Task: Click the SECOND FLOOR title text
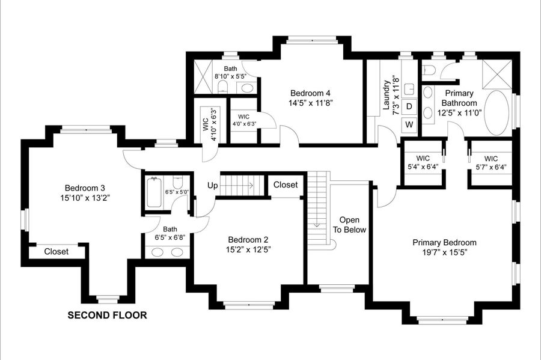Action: pyautogui.click(x=107, y=315)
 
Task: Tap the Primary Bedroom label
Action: pyautogui.click(x=444, y=242)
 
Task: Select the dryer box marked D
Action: pyautogui.click(x=409, y=106)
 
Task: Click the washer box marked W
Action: pyautogui.click(x=409, y=124)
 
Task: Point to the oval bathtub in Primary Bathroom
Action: pyautogui.click(x=497, y=113)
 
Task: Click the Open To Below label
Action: pyautogui.click(x=349, y=225)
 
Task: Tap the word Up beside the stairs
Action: pyautogui.click(x=213, y=186)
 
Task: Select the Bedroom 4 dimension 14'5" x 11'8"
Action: pyautogui.click(x=311, y=103)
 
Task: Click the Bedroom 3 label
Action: pyautogui.click(x=85, y=188)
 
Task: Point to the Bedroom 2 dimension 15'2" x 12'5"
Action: pyautogui.click(x=248, y=249)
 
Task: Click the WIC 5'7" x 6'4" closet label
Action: pyautogui.click(x=491, y=163)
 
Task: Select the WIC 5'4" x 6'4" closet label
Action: pyautogui.click(x=423, y=162)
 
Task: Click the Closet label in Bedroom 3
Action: pyautogui.click(x=57, y=252)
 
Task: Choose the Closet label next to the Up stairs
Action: pyautogui.click(x=286, y=185)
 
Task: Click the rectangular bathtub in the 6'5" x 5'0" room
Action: pyautogui.click(x=154, y=192)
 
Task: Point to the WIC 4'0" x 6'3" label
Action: pyautogui.click(x=243, y=120)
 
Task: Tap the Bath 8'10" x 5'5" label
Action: pyautogui.click(x=230, y=73)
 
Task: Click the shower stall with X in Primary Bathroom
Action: pyautogui.click(x=497, y=75)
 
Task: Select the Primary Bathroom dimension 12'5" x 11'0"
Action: pyautogui.click(x=459, y=113)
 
